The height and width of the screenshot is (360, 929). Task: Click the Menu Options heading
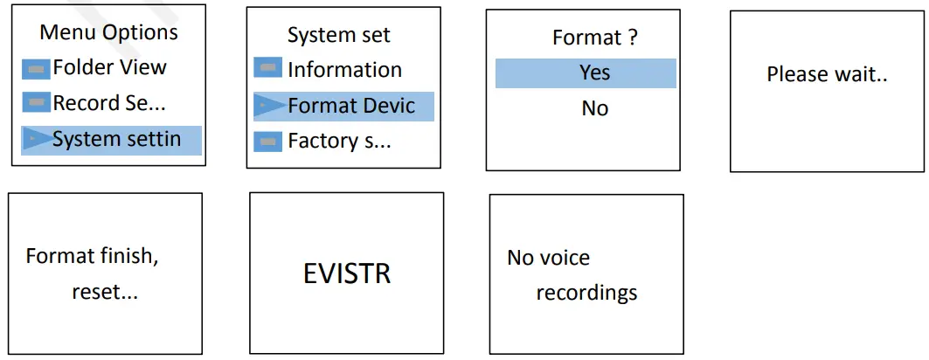click(x=109, y=33)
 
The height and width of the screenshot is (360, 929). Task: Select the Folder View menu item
click(x=109, y=67)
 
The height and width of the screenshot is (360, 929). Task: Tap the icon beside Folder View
click(x=36, y=68)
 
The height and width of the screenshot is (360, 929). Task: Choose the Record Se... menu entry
click(x=109, y=103)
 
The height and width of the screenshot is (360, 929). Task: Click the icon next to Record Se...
click(x=36, y=103)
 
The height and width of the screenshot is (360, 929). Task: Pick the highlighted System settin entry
click(x=116, y=139)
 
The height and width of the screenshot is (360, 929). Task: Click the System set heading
click(x=339, y=36)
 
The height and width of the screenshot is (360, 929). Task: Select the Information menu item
click(x=344, y=70)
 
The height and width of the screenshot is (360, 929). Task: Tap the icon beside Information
click(x=267, y=68)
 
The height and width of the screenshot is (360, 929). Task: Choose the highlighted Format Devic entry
click(x=351, y=107)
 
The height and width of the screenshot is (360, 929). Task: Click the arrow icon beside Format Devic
click(x=267, y=106)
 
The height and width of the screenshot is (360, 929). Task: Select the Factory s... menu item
click(x=339, y=141)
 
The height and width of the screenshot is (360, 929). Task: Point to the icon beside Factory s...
click(x=267, y=141)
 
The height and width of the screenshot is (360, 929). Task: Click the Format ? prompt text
click(x=594, y=38)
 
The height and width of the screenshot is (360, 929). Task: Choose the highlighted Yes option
click(x=594, y=73)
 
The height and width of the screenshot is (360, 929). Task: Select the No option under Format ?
click(x=594, y=108)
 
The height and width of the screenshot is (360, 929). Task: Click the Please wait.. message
click(x=827, y=74)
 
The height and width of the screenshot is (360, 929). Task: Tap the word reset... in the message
click(x=105, y=292)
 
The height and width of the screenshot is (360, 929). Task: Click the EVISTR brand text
click(x=347, y=274)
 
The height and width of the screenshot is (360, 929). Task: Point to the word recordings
click(x=586, y=293)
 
